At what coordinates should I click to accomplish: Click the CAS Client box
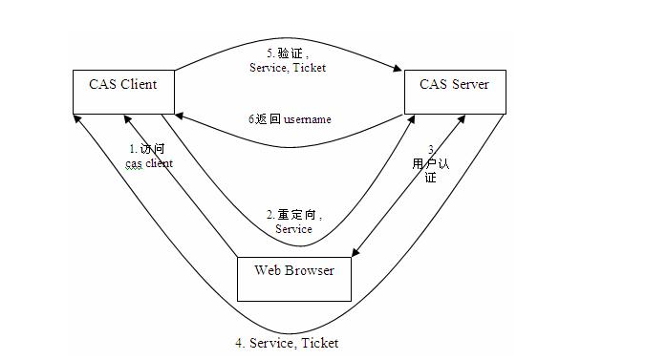(125, 92)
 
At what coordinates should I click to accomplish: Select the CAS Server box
(454, 92)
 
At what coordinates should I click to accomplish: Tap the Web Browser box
(294, 279)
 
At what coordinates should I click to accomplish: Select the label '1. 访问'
(148, 149)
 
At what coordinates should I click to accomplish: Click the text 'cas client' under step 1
(149, 164)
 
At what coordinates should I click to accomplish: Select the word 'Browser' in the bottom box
(310, 270)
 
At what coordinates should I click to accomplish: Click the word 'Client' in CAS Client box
(138, 85)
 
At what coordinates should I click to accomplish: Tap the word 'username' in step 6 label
(305, 119)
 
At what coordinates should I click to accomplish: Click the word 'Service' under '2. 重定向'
(293, 229)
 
